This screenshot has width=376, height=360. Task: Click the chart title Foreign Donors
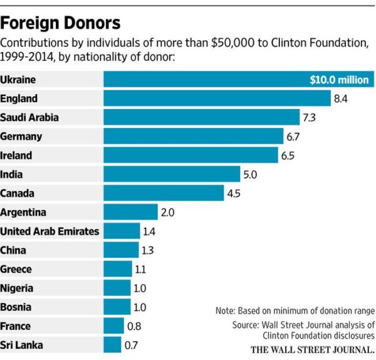[61, 23]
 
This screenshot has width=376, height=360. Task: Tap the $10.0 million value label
[340, 80]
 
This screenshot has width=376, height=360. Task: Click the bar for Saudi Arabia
[201, 117]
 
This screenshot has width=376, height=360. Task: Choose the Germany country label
[21, 136]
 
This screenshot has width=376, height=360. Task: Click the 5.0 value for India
[250, 174]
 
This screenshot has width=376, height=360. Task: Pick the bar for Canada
[163, 193]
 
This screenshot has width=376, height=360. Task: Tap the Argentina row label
[23, 212]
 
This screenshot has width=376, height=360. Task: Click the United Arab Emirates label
[50, 231]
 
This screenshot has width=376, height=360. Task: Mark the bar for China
[120, 250]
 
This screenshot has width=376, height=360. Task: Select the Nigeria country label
[17, 288]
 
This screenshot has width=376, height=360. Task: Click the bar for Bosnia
[117, 307]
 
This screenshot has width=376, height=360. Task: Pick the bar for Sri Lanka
[112, 345]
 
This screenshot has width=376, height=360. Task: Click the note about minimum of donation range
[295, 310]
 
